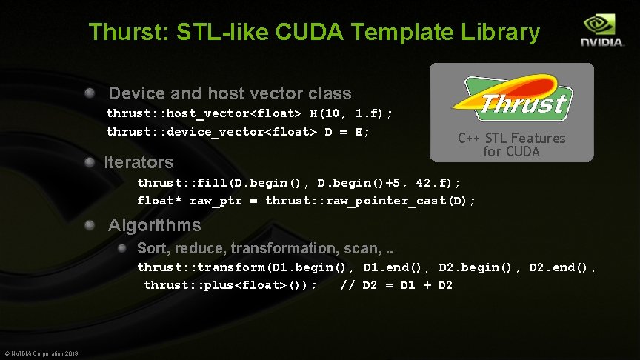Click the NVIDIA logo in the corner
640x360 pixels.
(x=601, y=31)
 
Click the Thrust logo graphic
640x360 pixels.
(x=512, y=99)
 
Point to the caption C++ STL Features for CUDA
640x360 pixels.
(x=512, y=144)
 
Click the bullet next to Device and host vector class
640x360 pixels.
(x=90, y=93)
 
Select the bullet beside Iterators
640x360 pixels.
(x=90, y=161)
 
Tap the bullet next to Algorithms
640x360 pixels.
(x=90, y=224)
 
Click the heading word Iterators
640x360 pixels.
(x=139, y=161)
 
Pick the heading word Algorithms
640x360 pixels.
(x=155, y=225)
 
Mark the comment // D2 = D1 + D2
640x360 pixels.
(x=396, y=285)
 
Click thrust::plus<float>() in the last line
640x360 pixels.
(x=229, y=285)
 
